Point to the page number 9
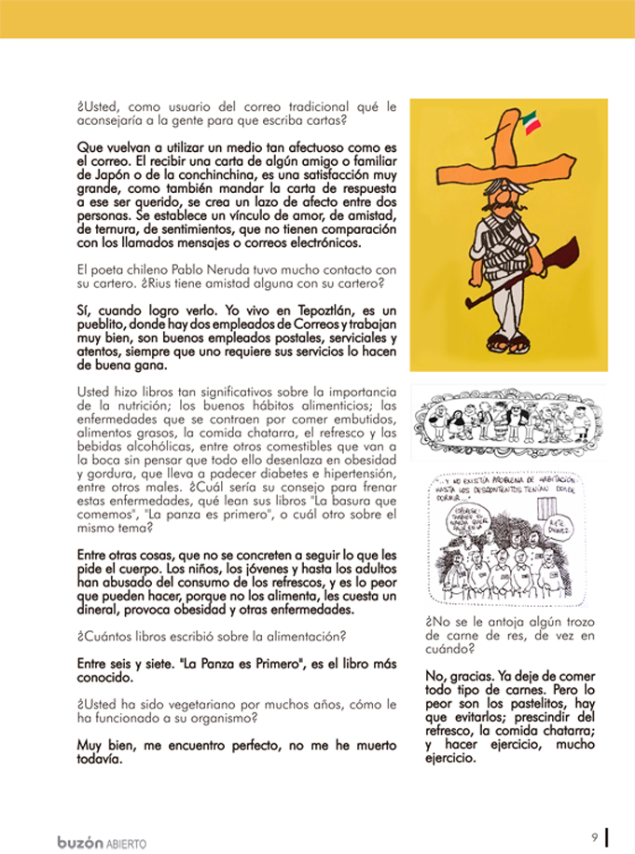(593, 836)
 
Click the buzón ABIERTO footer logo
(102, 842)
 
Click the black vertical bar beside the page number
(607, 837)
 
